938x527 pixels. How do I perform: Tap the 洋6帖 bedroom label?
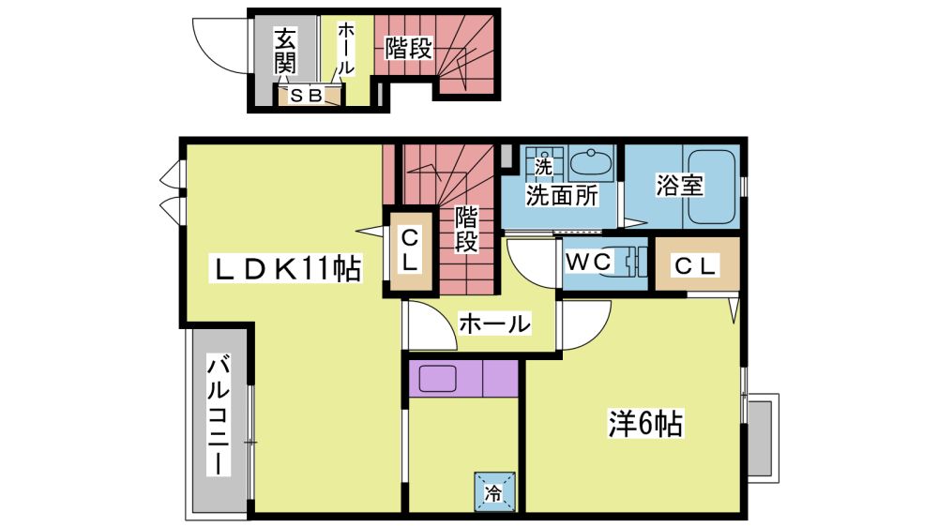click(x=645, y=424)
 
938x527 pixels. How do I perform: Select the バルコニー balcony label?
click(x=219, y=415)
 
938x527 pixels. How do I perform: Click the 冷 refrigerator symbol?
click(x=494, y=492)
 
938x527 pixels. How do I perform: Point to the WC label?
click(x=589, y=262)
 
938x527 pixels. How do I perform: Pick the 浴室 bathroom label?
click(x=679, y=185)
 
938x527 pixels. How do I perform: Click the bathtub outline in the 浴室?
click(x=712, y=186)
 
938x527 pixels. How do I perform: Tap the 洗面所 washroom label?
click(x=562, y=195)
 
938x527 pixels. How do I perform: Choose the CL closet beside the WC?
click(x=697, y=263)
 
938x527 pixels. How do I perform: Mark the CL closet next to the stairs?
click(x=410, y=251)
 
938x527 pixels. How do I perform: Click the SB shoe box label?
click(x=307, y=95)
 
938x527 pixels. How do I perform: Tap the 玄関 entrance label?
click(x=285, y=51)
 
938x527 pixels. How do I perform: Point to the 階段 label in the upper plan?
click(x=408, y=49)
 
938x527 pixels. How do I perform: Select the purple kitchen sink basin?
click(x=437, y=378)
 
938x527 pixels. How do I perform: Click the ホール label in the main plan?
click(x=494, y=324)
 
